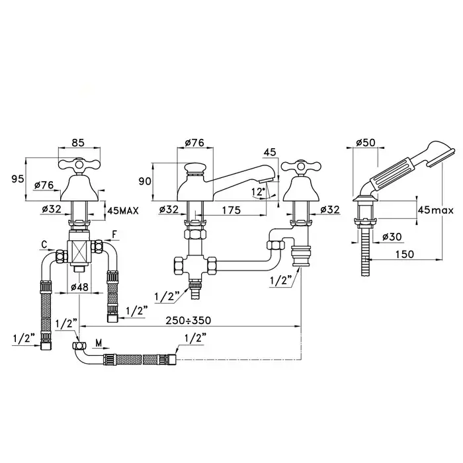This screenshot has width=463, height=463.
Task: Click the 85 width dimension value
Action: click(78, 142)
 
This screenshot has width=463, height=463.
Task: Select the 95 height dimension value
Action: click(17, 179)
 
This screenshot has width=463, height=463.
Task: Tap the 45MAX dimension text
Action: click(123, 210)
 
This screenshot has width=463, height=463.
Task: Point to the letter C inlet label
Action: click(44, 245)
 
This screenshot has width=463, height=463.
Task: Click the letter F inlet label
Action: click(114, 234)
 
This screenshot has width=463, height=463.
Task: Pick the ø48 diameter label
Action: click(79, 286)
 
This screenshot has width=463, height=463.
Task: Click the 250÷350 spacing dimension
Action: click(188, 320)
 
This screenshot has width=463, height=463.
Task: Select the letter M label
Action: click(99, 343)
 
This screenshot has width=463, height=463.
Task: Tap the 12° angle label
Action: click(259, 192)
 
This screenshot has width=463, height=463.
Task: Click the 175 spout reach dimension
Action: click(232, 210)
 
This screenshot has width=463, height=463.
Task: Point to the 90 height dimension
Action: click(145, 181)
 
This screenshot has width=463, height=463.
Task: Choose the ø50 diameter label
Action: click(366, 143)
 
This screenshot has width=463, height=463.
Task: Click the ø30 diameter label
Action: click(392, 237)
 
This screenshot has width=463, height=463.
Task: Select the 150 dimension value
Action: click(405, 254)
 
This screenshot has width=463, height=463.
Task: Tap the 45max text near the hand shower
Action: click(435, 210)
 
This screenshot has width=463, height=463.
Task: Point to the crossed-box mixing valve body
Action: click(79, 251)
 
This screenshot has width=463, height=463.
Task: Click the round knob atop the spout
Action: click(194, 169)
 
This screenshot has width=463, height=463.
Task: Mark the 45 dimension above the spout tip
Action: click(270, 152)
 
